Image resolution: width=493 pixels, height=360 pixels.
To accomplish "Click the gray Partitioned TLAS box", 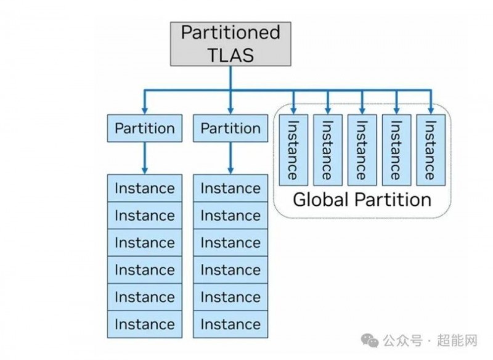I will click(x=230, y=43).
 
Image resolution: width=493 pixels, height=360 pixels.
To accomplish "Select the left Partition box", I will click(x=145, y=129).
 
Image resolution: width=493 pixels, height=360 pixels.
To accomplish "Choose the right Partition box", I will click(x=230, y=129).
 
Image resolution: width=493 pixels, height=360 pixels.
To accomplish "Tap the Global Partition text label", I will click(x=362, y=200).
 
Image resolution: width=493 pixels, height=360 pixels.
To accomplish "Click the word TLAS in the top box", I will click(x=230, y=55).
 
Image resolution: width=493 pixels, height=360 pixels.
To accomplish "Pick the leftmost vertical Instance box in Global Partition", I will click(x=293, y=149).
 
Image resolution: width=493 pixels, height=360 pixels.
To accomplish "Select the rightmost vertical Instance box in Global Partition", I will click(x=430, y=149).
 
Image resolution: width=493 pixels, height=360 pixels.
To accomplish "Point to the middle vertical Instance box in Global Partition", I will click(x=362, y=149).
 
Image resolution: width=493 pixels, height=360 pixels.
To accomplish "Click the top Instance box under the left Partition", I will click(x=145, y=188).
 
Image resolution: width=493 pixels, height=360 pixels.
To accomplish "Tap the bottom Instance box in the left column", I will click(x=145, y=324).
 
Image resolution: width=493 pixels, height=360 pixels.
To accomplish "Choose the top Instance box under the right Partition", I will click(x=230, y=188).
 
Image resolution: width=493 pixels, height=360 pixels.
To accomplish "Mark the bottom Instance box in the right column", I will click(x=230, y=324).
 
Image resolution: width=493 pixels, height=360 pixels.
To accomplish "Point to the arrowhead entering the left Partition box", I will click(x=145, y=109).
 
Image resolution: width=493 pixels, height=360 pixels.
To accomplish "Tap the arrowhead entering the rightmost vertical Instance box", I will click(x=430, y=109).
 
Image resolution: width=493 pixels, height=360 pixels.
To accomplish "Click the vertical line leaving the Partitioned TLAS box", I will click(x=230, y=77).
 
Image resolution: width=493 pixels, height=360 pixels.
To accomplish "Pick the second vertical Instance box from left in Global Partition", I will click(x=327, y=149).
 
